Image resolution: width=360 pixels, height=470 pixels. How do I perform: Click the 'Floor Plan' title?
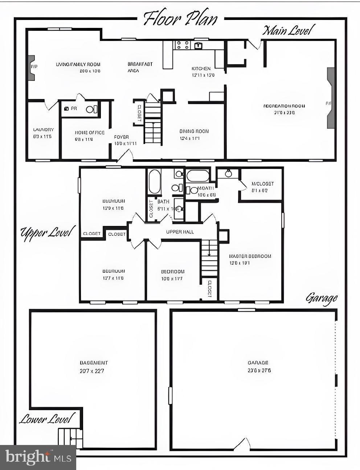point(180,18)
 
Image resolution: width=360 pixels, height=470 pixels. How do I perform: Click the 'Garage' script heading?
point(322,298)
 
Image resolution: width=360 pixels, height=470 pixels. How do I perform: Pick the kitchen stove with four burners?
point(182,45)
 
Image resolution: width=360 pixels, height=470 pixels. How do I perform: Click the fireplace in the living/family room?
point(32,68)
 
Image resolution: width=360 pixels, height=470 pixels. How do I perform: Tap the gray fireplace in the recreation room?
point(331,98)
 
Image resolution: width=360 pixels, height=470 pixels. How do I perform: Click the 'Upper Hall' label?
point(180,232)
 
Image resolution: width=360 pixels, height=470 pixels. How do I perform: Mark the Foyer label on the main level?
point(121,137)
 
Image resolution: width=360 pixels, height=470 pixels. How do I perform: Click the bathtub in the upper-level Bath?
point(155,182)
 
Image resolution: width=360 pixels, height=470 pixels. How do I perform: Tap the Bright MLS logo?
point(38,457)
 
